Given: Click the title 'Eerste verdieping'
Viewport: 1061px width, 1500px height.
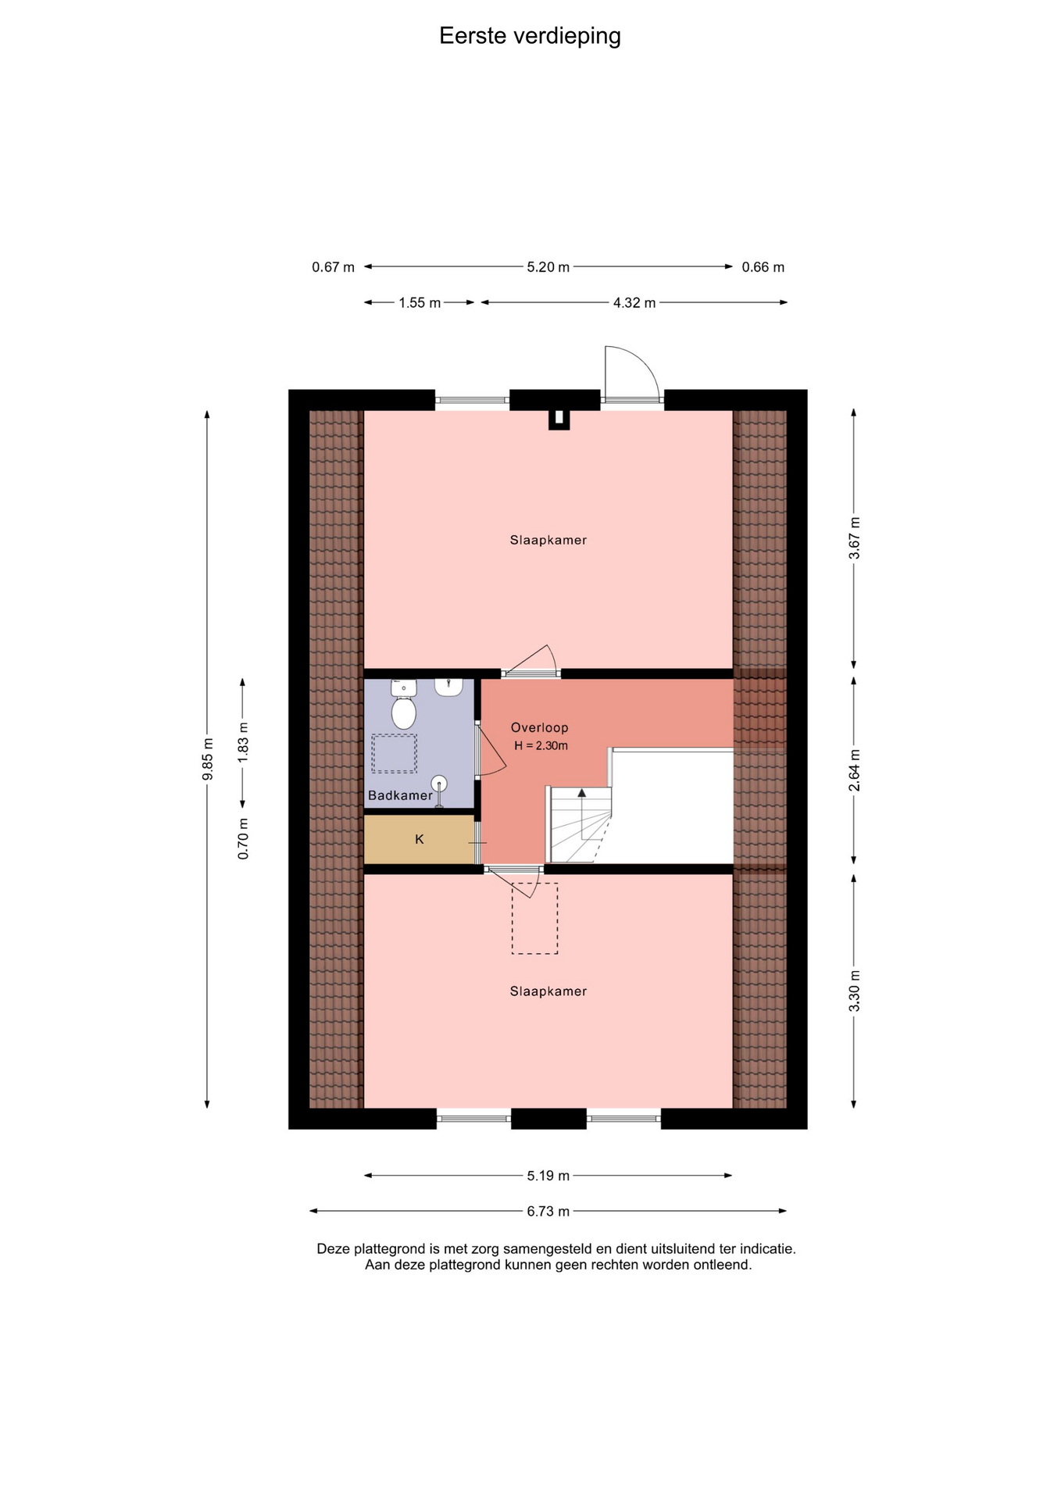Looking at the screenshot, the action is click(530, 36).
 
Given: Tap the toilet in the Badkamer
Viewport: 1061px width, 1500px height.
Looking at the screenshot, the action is click(403, 705).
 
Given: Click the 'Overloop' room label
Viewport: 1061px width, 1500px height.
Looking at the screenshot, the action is click(539, 727).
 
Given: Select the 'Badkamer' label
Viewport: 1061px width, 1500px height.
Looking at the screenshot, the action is click(400, 795).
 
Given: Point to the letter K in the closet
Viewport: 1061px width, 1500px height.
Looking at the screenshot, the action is click(420, 839).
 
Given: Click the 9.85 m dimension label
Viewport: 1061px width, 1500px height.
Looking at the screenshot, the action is click(208, 759).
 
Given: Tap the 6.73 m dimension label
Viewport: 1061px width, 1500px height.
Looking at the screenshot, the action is click(548, 1211).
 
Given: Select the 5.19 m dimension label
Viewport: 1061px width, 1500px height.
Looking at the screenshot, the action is click(548, 1175).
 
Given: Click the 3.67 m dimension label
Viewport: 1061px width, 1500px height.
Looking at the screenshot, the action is click(855, 538).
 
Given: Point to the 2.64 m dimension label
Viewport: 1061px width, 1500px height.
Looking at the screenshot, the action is click(855, 770).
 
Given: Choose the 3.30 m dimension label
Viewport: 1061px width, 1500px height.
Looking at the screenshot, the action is click(855, 991).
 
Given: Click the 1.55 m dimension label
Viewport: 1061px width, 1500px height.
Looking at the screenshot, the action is click(420, 302).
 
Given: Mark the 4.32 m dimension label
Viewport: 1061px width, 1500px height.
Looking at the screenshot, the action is click(634, 302).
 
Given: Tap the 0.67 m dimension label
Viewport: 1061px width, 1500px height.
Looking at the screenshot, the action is click(333, 267).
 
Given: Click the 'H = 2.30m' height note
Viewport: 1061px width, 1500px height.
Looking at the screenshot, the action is click(541, 746).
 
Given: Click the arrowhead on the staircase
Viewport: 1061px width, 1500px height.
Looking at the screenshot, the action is click(581, 793).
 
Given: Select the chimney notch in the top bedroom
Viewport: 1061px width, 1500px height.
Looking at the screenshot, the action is click(559, 420).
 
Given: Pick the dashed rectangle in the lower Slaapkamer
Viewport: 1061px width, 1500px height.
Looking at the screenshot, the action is click(535, 918).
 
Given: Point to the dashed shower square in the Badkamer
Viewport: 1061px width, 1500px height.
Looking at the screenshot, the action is click(394, 753).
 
